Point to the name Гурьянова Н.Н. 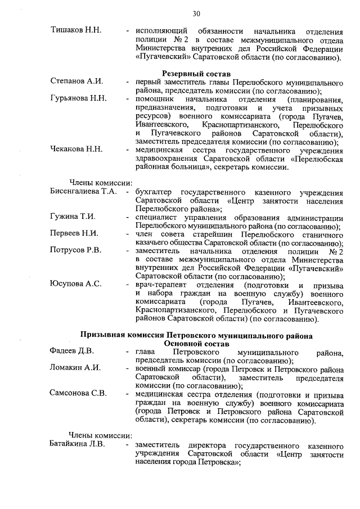tap(78, 98)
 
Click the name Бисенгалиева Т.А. tap(83, 191)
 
